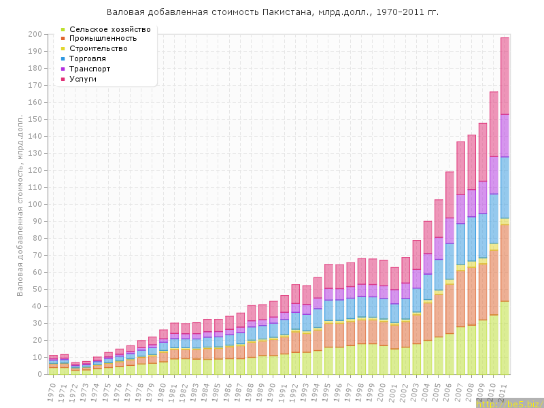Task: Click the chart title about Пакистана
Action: [x=272, y=12]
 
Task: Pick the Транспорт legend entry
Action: [x=90, y=69]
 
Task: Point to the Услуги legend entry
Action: [x=83, y=79]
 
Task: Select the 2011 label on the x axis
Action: [x=505, y=392]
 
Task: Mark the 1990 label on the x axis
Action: [x=273, y=392]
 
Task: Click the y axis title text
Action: [x=20, y=204]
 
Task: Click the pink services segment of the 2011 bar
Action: [x=505, y=75]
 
